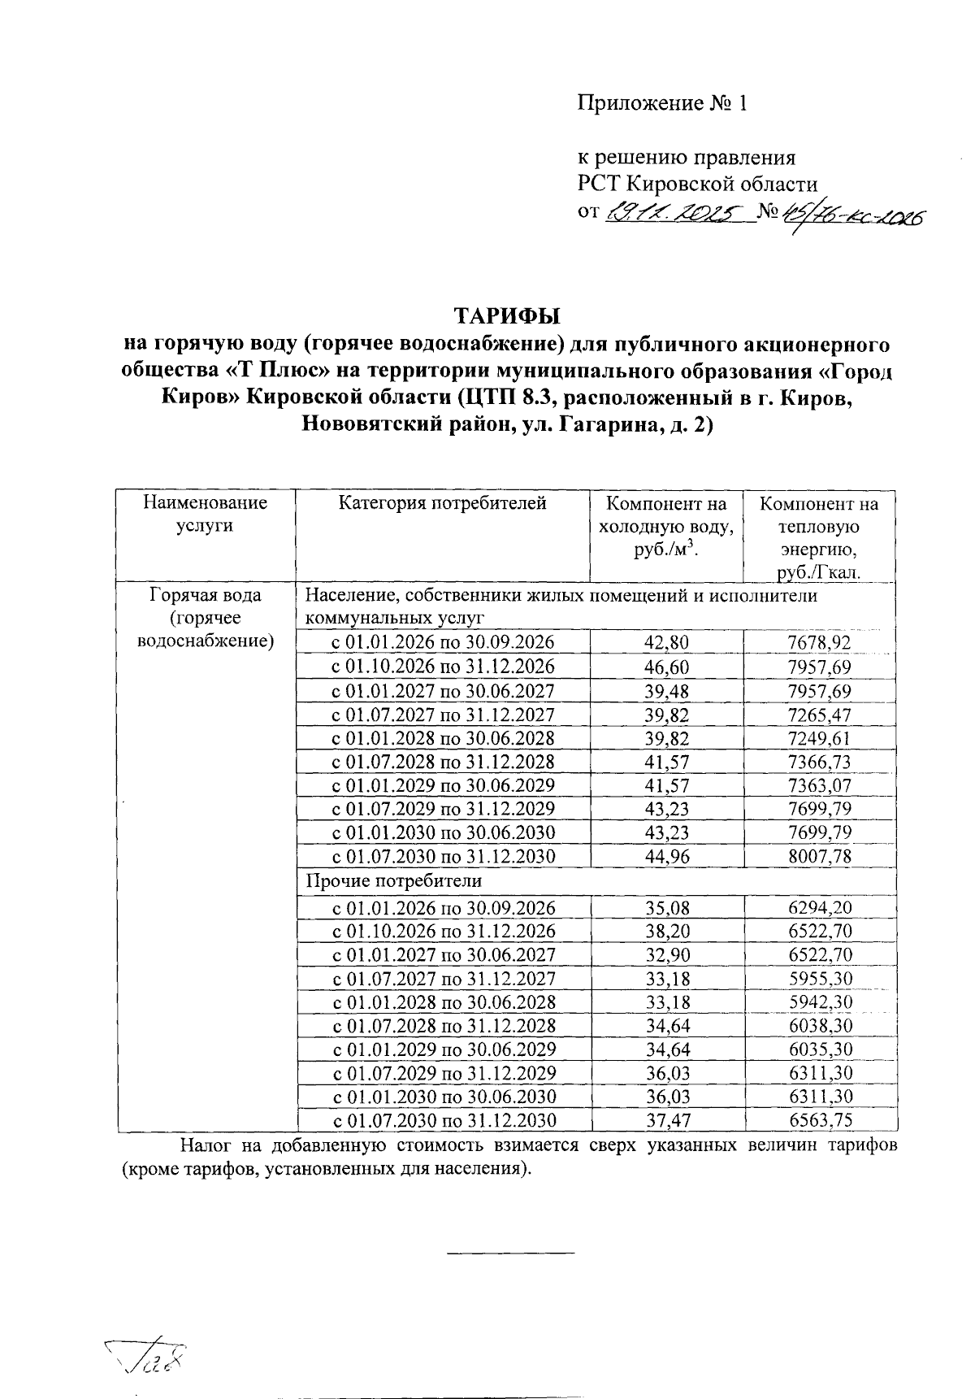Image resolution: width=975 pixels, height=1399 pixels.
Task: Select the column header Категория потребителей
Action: [443, 503]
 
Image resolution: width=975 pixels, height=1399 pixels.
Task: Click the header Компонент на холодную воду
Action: [665, 526]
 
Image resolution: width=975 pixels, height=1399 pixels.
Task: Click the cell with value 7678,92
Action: [819, 643]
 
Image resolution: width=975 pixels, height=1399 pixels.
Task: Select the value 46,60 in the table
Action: [665, 667]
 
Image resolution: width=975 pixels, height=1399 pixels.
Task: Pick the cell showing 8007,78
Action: [819, 857]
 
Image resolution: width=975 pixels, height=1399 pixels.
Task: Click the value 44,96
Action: [665, 857]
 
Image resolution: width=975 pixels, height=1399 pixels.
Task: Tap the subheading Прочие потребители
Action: [393, 880]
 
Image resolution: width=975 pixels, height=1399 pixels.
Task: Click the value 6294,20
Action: [820, 908]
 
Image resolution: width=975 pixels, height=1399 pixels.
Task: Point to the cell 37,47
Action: [667, 1121]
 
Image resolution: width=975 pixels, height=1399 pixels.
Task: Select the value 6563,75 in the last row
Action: [821, 1121]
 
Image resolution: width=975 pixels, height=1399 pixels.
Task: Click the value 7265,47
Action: [819, 715]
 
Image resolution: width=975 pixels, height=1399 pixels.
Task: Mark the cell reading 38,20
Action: [667, 932]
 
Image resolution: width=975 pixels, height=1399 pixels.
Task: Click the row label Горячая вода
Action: [205, 595]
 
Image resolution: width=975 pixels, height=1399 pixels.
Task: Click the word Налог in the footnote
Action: [203, 1146]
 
